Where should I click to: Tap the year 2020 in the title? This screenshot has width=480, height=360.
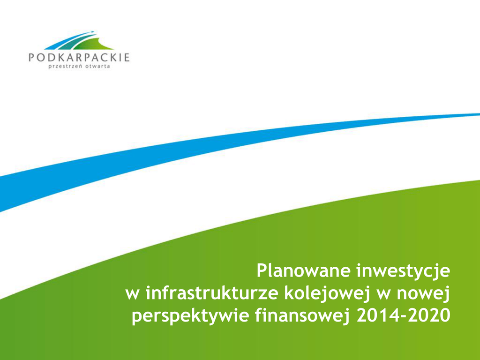pyautogui.click(x=430, y=315)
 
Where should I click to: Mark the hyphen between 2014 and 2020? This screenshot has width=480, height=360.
pyautogui.click(x=403, y=317)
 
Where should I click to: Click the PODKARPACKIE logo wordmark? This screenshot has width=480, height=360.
pyautogui.click(x=79, y=58)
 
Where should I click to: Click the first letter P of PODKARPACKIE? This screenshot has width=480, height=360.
pyautogui.click(x=32, y=58)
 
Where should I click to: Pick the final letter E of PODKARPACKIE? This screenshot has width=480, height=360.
pyautogui.click(x=127, y=58)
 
